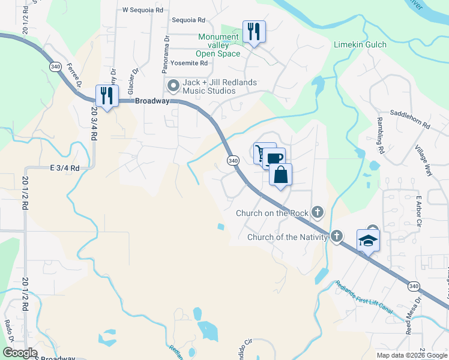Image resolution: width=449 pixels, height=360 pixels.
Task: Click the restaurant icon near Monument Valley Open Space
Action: [254, 31]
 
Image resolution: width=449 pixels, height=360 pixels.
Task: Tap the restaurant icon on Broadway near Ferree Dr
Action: [107, 95]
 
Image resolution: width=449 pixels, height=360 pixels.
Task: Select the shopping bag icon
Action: [280, 175]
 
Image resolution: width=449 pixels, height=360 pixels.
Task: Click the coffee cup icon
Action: [273, 159]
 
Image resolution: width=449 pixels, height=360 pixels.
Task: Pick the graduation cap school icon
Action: [368, 241]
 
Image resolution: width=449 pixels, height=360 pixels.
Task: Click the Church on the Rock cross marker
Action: [318, 212]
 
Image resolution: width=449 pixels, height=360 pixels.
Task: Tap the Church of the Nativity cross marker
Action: [336, 236]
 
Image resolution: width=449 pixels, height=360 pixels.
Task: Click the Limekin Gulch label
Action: [360, 45]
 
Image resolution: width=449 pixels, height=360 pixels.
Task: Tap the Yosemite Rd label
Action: [189, 62]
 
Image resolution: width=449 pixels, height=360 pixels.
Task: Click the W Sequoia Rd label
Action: [142, 10]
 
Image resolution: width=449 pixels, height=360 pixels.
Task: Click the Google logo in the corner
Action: [20, 353]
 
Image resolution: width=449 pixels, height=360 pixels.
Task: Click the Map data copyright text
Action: [411, 355]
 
